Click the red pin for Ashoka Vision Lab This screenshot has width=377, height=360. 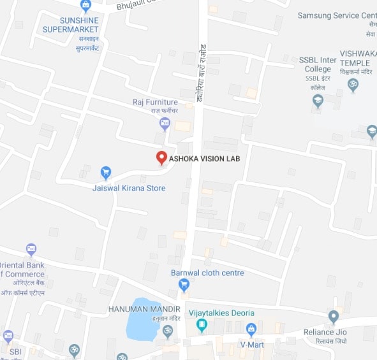[162, 157]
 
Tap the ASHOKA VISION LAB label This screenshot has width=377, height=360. [205, 159]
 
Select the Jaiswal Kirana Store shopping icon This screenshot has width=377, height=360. [107, 172]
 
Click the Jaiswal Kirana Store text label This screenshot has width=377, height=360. [129, 188]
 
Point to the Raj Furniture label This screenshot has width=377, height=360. [155, 102]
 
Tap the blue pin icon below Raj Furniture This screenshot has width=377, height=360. [165, 123]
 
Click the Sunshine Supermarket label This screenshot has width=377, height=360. [70, 25]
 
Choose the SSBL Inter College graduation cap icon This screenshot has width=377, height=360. [318, 101]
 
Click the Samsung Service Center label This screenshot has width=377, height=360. [337, 15]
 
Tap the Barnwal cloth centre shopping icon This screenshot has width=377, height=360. [184, 285]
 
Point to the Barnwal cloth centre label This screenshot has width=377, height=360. [207, 273]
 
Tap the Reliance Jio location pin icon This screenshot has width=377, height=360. [333, 316]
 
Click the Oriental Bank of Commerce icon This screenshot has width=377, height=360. [31, 249]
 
